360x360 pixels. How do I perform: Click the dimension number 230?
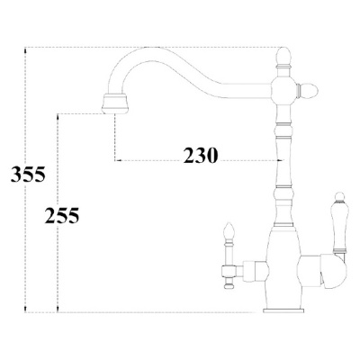pos(200,154)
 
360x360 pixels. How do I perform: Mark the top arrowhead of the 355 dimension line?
pos(26,48)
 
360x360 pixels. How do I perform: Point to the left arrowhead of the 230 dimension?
pos(115,163)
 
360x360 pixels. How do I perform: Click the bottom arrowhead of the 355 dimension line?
pos(26,310)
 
